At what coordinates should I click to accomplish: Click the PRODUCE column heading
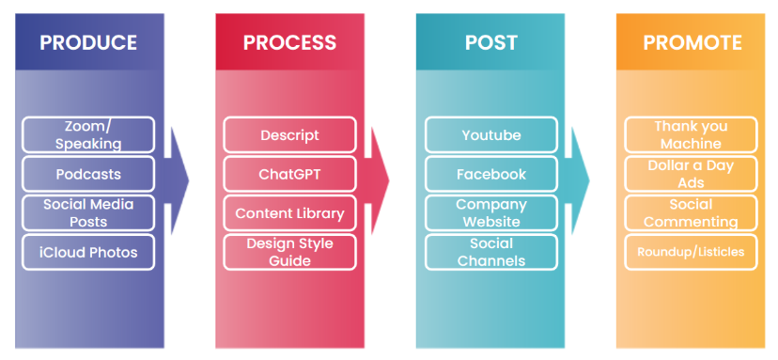(88, 42)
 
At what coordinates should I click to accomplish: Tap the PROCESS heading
(289, 42)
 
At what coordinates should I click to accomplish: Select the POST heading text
(491, 42)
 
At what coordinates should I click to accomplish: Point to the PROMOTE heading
(692, 42)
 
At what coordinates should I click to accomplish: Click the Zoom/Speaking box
(88, 134)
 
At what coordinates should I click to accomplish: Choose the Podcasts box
(88, 174)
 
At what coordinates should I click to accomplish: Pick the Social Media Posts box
(88, 213)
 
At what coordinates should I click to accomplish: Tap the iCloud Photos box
(88, 252)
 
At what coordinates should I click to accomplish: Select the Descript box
(289, 134)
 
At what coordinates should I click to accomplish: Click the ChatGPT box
(289, 174)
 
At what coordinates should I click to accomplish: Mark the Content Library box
(289, 213)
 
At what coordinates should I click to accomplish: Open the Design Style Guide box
(289, 252)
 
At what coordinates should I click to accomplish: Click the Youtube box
(491, 134)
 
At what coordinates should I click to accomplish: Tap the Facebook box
(491, 174)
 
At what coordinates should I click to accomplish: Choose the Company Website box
(491, 213)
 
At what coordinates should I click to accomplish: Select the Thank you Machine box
(691, 134)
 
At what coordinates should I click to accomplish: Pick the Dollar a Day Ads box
(691, 174)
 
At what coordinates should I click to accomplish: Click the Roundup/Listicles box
(691, 252)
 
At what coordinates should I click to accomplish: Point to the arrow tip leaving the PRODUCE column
(189, 180)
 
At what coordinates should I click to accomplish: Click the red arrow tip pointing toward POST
(389, 180)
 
